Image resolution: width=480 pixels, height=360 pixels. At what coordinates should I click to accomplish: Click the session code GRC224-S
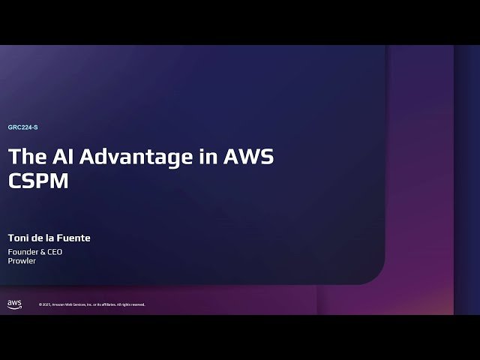point(22,127)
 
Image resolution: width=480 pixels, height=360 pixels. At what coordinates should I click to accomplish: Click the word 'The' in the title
point(27,157)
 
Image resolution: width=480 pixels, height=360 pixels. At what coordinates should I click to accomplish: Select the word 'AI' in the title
point(64,157)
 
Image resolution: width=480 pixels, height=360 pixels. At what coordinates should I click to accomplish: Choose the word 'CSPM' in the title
point(38,181)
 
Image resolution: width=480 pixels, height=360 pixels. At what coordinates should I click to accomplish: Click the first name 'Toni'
point(19,238)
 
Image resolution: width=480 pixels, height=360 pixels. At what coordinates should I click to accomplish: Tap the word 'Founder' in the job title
point(22,252)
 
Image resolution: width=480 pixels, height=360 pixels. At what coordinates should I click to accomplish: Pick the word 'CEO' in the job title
point(54,252)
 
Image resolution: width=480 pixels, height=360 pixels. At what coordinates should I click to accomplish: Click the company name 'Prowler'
point(22,261)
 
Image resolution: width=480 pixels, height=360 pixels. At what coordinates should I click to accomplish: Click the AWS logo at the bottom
point(14,304)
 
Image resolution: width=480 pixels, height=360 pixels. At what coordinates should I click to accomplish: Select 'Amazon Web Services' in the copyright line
point(70,304)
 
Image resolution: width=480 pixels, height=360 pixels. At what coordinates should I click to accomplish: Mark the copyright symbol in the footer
point(40,304)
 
